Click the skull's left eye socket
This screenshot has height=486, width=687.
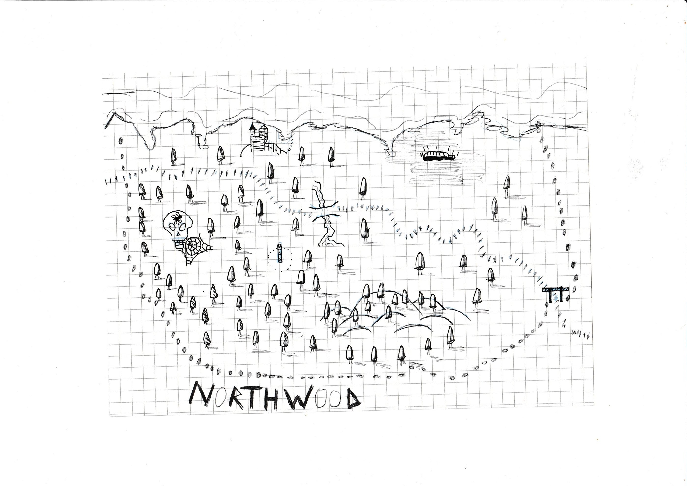[173, 227]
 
